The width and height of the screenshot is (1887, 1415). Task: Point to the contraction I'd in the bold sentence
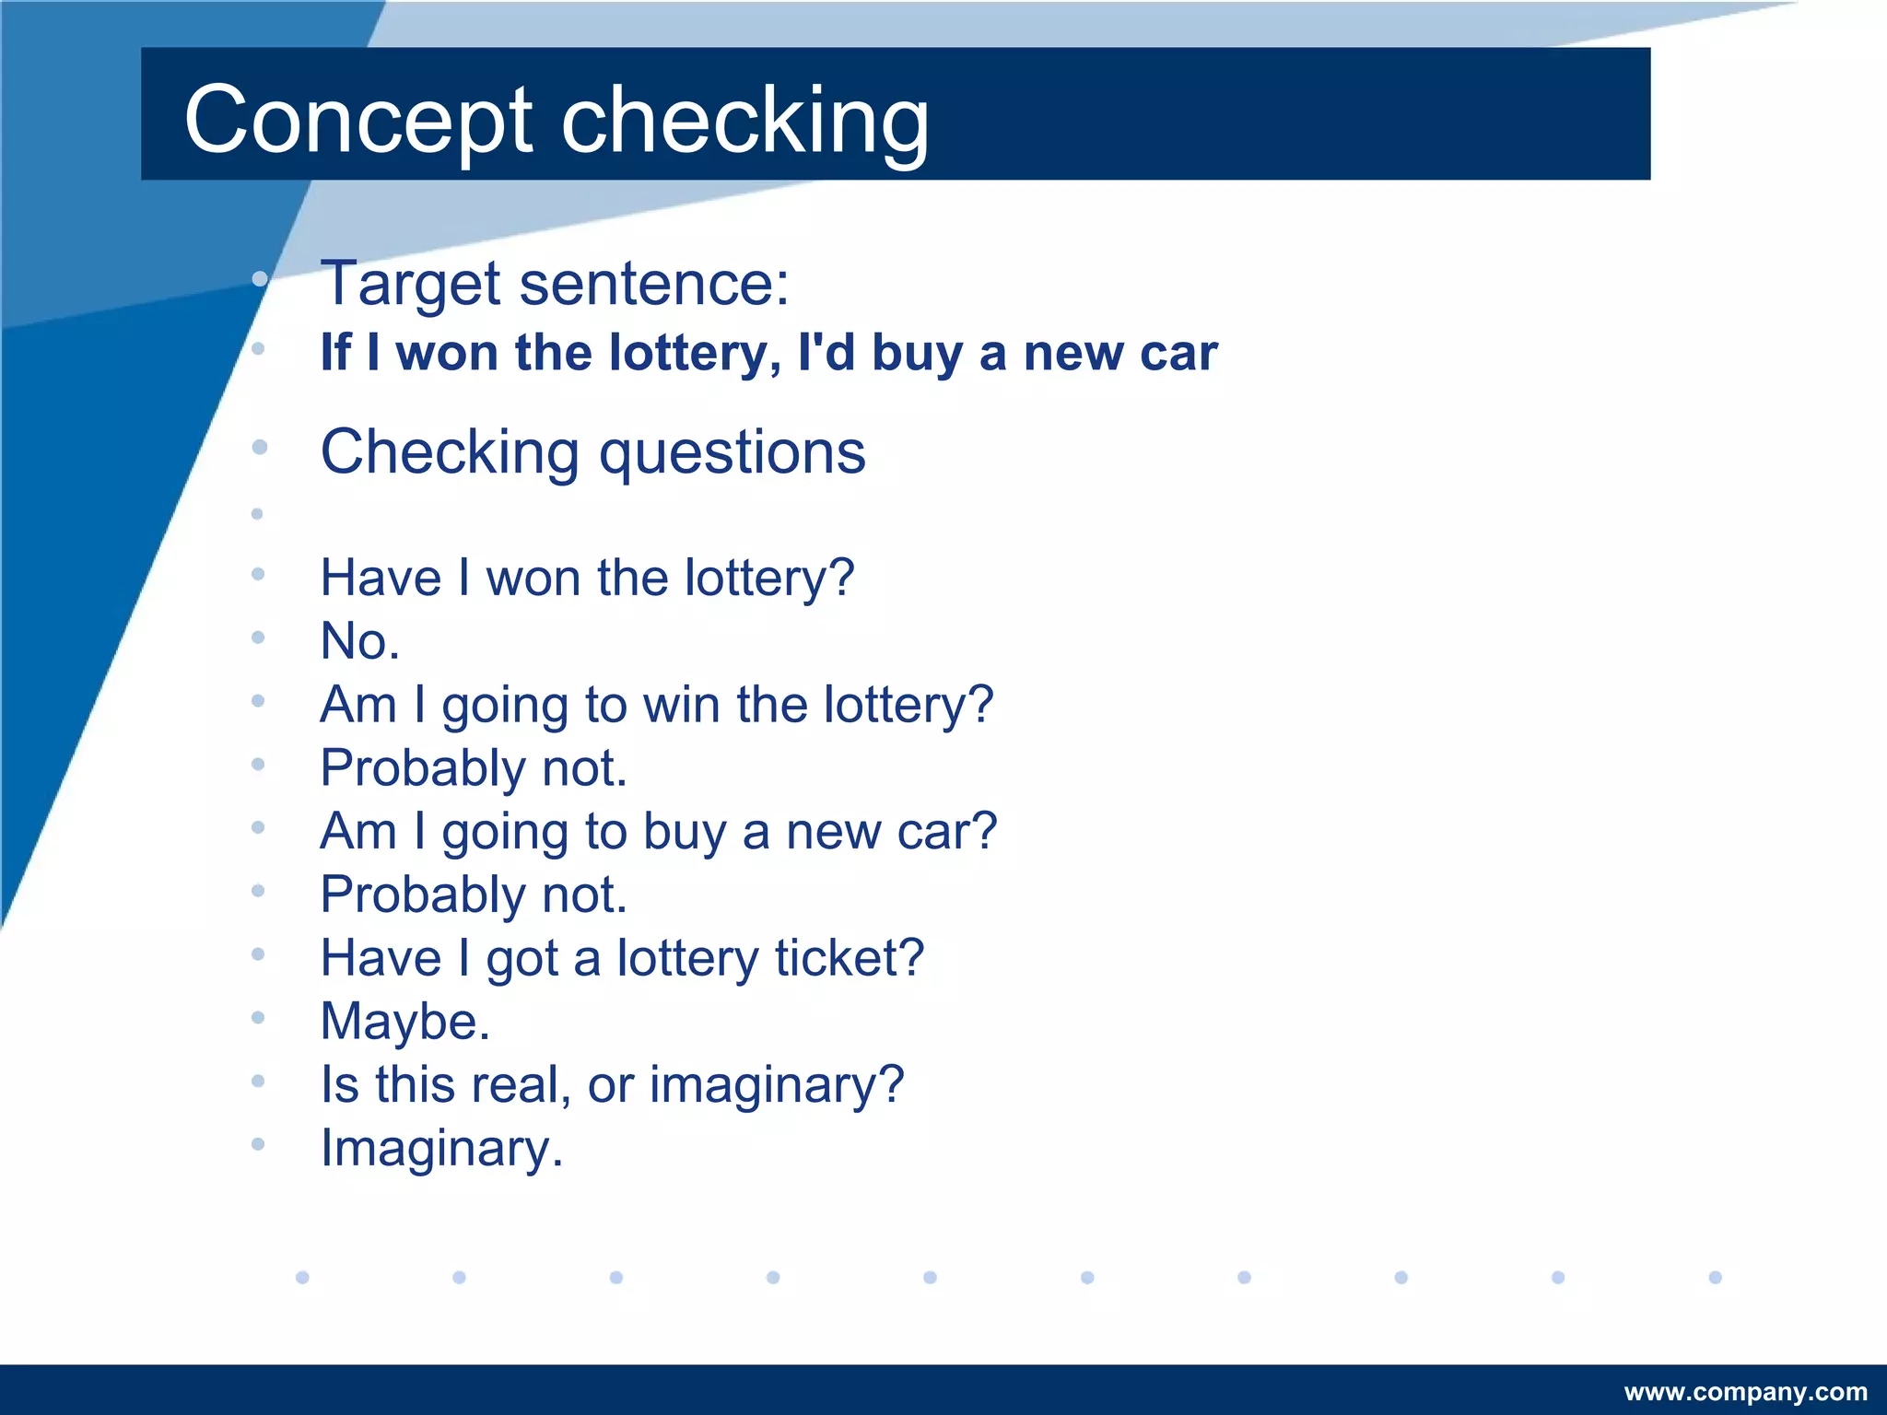(826, 353)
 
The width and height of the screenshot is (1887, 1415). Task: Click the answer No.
(359, 641)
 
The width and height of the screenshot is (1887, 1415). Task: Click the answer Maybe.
(404, 1022)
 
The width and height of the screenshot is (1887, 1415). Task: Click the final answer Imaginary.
(440, 1149)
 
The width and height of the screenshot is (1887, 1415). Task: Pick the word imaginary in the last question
(777, 1084)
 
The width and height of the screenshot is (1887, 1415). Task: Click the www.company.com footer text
(1745, 1392)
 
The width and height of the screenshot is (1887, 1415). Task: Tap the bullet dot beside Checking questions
(260, 448)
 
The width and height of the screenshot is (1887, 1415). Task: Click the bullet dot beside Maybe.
(258, 1017)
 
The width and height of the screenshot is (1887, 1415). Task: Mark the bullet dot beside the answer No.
(258, 637)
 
